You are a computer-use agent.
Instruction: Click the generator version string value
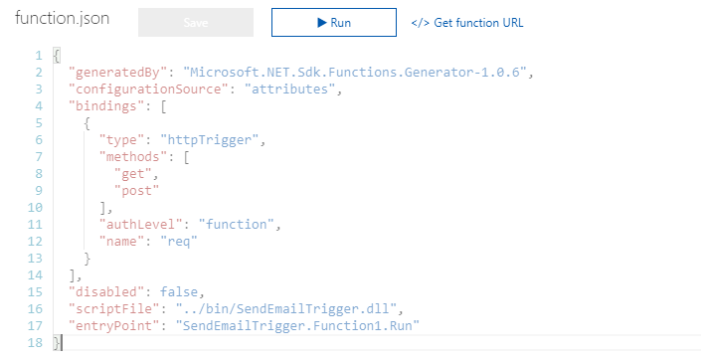360,73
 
